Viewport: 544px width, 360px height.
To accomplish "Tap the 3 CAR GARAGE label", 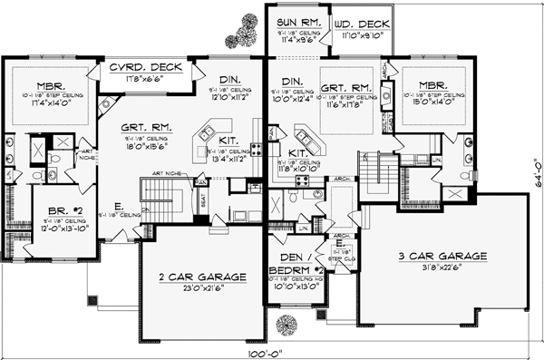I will [437, 257].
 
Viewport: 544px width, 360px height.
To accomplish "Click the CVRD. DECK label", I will [146, 68].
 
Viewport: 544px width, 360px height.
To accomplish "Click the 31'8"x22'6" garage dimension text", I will [437, 268].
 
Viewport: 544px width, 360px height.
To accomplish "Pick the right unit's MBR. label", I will [429, 83].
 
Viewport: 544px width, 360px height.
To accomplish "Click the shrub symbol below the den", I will [287, 325].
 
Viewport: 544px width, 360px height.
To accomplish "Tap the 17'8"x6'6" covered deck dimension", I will [147, 79].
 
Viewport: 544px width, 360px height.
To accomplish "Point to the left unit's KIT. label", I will [228, 139].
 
